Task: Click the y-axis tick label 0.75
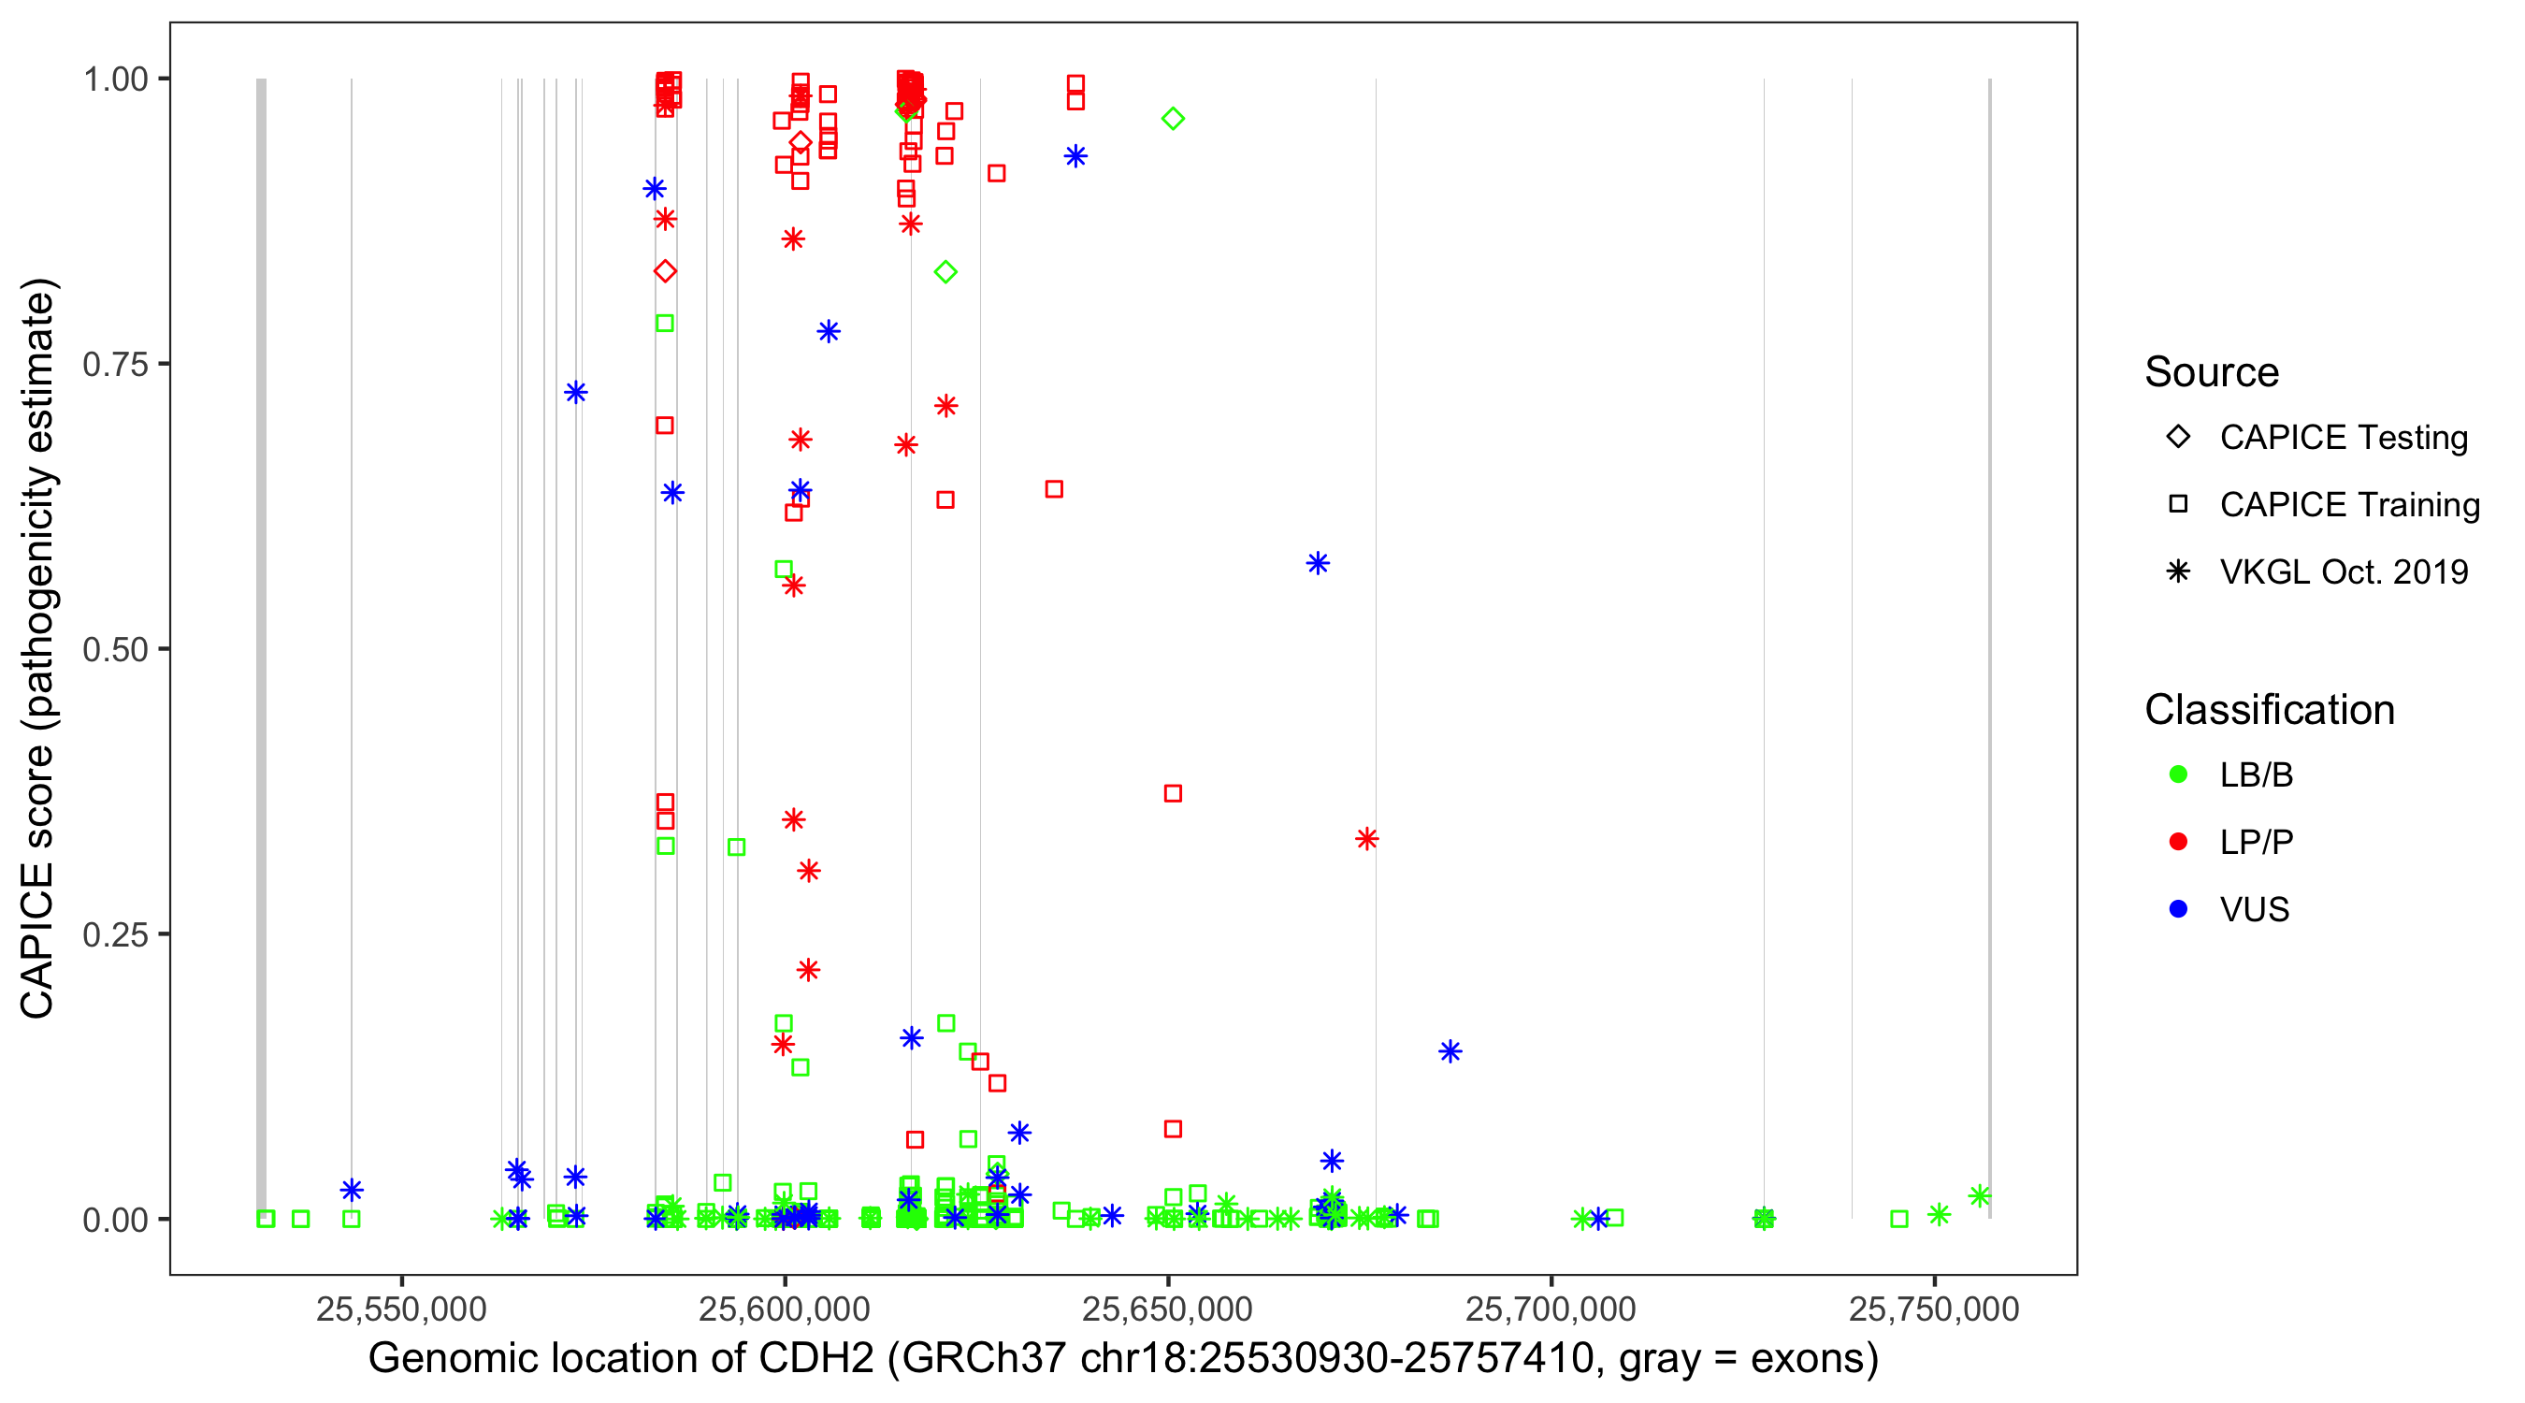114,365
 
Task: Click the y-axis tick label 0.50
114,650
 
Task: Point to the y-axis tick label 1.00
114,80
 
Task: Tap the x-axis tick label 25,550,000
401,1309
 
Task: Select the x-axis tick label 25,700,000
1551,1309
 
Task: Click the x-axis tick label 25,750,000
1934,1309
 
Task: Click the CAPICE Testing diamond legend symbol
2178,438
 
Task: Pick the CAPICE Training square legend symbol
2178,505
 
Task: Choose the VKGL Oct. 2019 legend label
2344,572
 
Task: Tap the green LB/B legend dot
2178,775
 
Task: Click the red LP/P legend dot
2178,842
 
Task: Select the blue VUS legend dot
2178,910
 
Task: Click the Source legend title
2212,372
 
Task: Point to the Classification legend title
2269,710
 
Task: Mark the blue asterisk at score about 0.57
1318,564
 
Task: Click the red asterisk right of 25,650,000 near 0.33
1366,839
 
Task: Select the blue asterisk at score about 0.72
575,393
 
